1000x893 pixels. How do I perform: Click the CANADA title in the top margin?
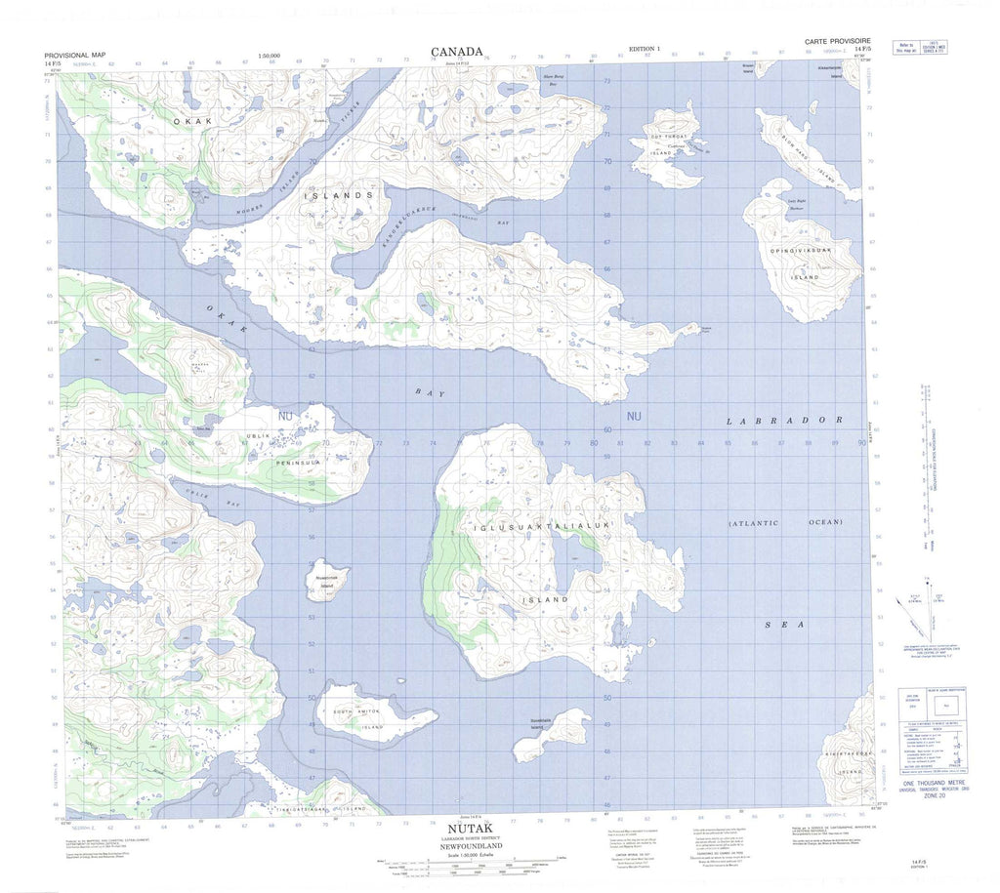[456, 52]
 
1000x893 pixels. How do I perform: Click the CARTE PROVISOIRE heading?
[835, 43]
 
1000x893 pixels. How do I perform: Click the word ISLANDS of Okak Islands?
[338, 196]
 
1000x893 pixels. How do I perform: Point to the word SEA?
[783, 625]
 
